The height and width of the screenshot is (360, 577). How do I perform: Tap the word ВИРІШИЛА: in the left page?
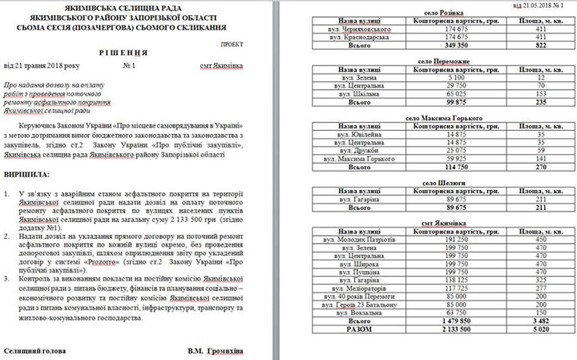pyautogui.click(x=27, y=173)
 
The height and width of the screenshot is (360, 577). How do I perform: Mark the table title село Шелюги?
pyautogui.click(x=438, y=183)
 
